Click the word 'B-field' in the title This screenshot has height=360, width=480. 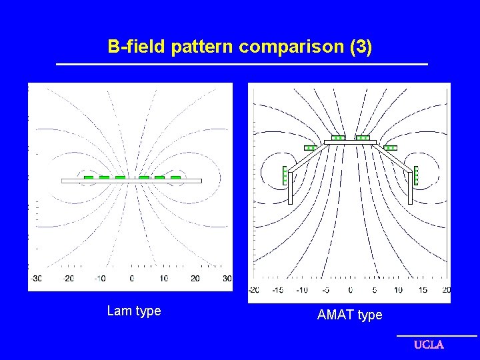(x=137, y=47)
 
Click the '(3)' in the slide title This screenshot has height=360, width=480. (x=360, y=47)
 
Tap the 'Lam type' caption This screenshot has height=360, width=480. (x=134, y=311)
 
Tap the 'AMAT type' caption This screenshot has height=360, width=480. (x=349, y=315)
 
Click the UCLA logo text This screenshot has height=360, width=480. (x=429, y=345)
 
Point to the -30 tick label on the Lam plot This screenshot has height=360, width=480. (x=36, y=278)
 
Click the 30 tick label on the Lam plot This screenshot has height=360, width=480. (x=227, y=278)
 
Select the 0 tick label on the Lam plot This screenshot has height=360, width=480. (x=131, y=278)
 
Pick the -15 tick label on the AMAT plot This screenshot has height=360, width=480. (x=277, y=290)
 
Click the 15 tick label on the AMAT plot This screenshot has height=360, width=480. (x=423, y=290)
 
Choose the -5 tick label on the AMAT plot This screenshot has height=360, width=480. (x=326, y=290)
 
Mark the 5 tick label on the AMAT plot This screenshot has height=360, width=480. (x=375, y=290)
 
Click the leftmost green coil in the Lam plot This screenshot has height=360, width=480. (x=88, y=177)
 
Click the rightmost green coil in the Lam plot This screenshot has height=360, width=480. (x=175, y=177)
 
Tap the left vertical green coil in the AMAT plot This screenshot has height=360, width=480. (x=285, y=175)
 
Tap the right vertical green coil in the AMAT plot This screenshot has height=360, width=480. (x=416, y=175)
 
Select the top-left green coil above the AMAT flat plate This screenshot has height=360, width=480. (x=339, y=138)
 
